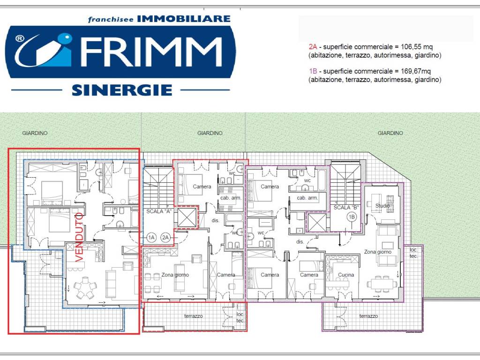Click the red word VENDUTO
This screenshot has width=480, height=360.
click(x=80, y=238)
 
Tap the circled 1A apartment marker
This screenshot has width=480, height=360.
click(x=151, y=238)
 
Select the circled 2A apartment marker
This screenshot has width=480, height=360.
click(x=165, y=238)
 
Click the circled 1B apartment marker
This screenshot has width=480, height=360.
click(x=352, y=217)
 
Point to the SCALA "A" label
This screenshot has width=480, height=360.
click(x=158, y=211)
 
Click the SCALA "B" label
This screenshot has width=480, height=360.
click(x=346, y=207)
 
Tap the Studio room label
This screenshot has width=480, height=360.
click(x=382, y=206)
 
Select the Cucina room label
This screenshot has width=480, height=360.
click(x=346, y=275)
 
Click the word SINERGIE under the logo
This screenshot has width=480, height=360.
click(x=122, y=90)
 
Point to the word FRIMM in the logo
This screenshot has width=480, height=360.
click(x=151, y=52)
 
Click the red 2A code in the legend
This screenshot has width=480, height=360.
click(x=313, y=47)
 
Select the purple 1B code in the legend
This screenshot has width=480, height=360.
click(x=313, y=71)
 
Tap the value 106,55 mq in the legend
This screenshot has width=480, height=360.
click(x=417, y=47)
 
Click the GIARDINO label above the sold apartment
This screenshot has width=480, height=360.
click(x=35, y=133)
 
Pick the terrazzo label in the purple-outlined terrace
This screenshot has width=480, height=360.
click(x=368, y=316)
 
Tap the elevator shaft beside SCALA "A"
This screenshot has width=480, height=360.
click(x=187, y=217)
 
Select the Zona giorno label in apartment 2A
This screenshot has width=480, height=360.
click(x=175, y=275)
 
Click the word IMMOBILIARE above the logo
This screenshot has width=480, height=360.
click(x=184, y=19)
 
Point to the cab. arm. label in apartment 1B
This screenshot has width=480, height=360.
click(x=307, y=198)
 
